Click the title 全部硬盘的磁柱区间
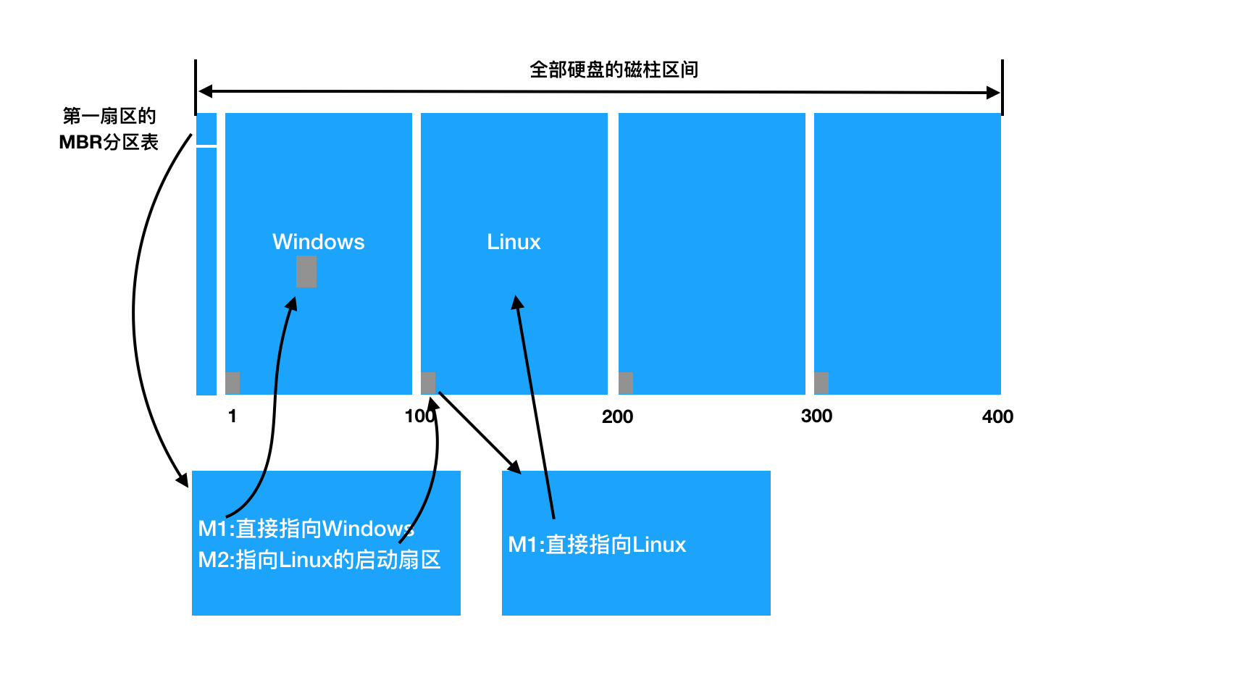point(614,70)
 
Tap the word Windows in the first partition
point(318,242)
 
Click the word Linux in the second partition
point(514,242)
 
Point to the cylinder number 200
point(617,416)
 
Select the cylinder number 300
point(816,416)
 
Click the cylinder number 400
point(997,416)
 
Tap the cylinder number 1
point(232,416)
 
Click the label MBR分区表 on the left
point(109,142)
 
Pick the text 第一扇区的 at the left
point(109,116)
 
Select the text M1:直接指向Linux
point(597,545)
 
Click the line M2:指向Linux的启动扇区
point(319,560)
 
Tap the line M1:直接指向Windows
point(306,529)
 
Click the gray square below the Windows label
point(306,272)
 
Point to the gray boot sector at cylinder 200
point(626,382)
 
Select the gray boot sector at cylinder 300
point(821,382)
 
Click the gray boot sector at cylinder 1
point(233,382)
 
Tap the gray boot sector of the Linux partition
point(428,382)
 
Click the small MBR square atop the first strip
point(206,129)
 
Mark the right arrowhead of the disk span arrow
point(993,92)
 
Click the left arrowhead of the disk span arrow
point(206,91)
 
